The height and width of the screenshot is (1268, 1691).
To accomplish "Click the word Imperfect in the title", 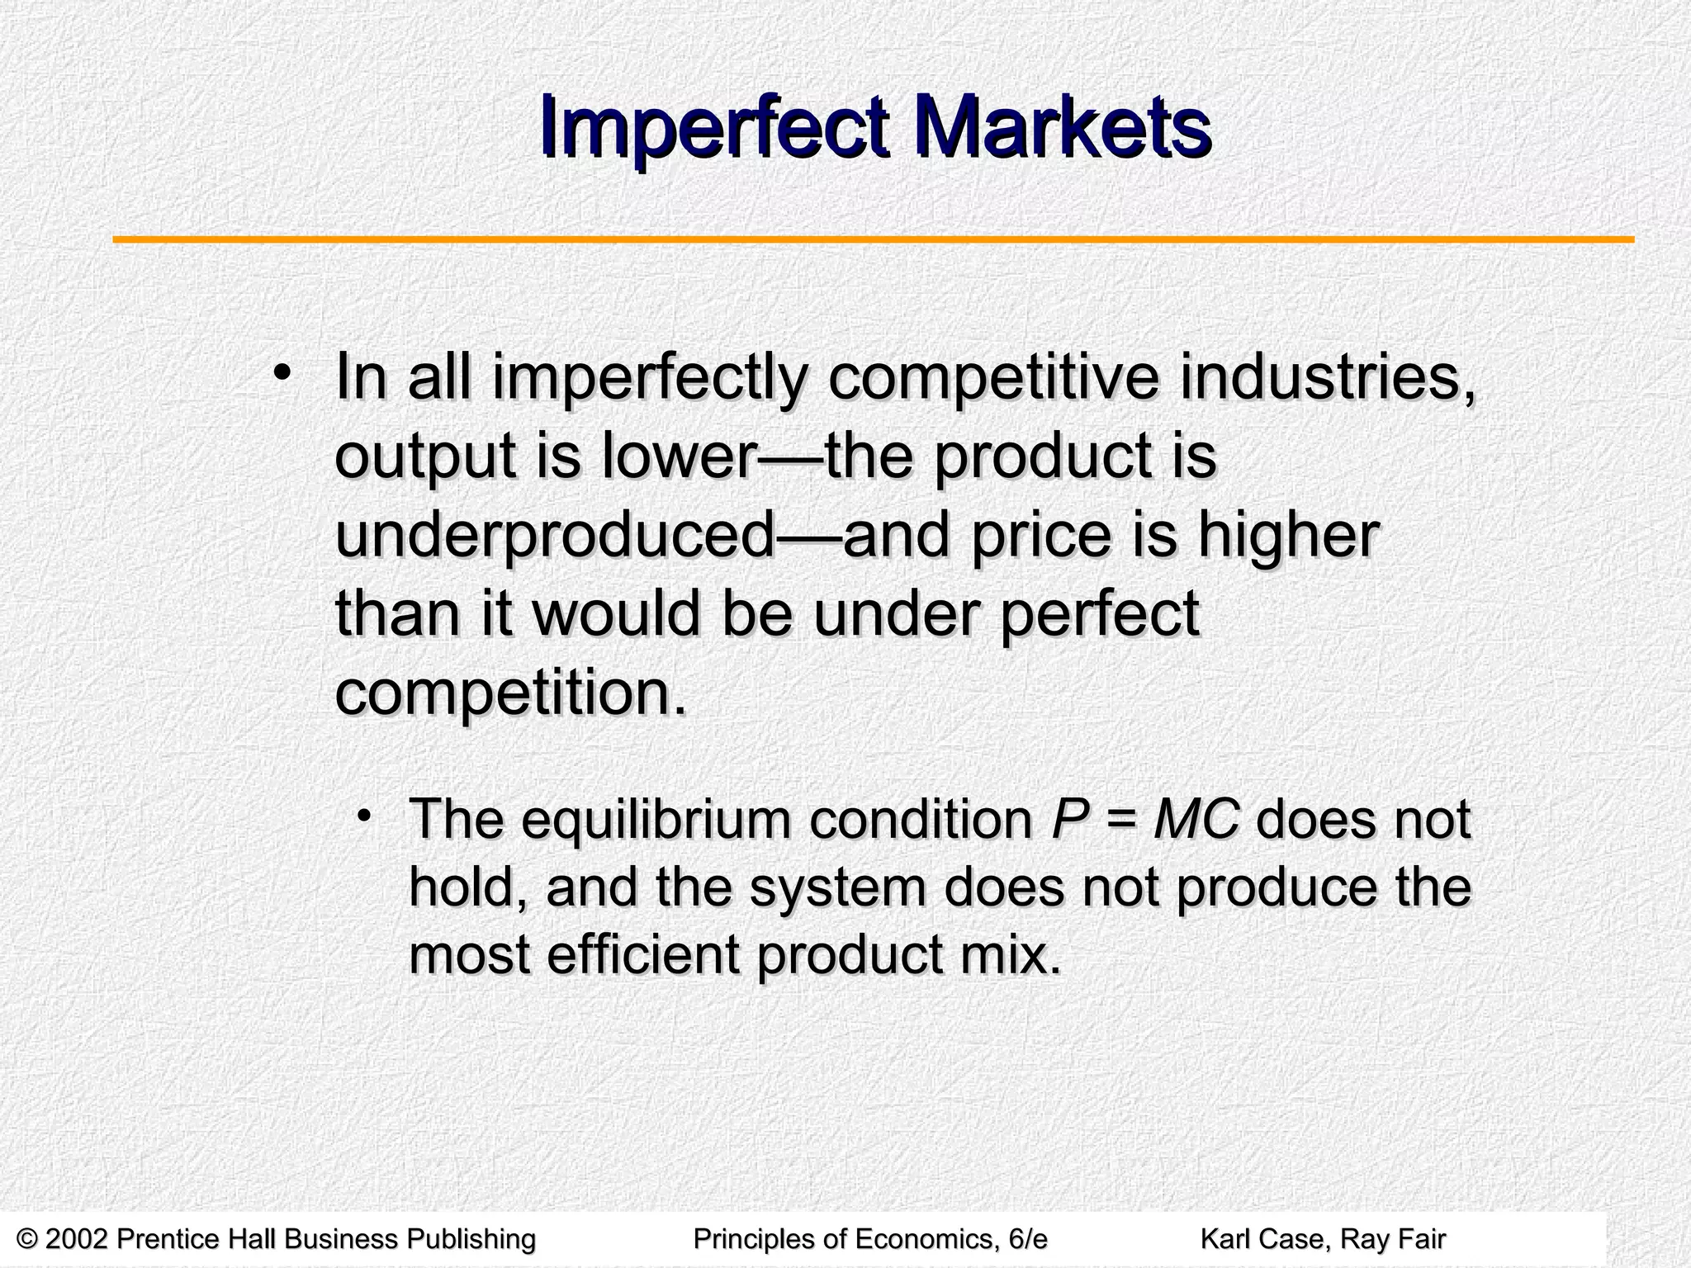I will pyautogui.click(x=714, y=130).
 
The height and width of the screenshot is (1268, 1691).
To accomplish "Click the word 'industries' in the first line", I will pyautogui.click(x=1326, y=378).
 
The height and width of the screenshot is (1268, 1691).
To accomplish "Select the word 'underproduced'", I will pyautogui.click(x=554, y=536).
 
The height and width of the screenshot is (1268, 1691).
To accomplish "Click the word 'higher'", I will pyautogui.click(x=1287, y=536).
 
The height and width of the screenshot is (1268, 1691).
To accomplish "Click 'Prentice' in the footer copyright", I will pyautogui.click(x=169, y=1239).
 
